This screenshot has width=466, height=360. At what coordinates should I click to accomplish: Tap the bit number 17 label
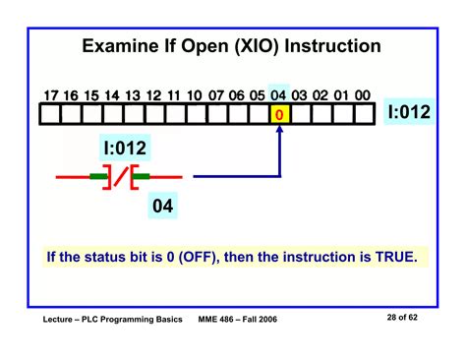(x=51, y=95)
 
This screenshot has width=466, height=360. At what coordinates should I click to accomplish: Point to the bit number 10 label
(x=195, y=95)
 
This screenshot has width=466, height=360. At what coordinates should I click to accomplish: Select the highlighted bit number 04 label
(x=279, y=95)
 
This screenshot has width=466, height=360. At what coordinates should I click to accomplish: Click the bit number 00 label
(x=362, y=95)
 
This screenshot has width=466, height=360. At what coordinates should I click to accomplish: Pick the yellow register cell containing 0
(x=280, y=115)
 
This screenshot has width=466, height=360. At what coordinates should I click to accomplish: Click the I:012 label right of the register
(x=408, y=113)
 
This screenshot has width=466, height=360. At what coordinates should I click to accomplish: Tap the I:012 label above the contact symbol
(x=126, y=150)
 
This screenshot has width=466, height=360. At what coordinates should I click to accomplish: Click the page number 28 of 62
(x=402, y=321)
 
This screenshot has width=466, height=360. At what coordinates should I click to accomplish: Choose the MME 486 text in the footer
(x=223, y=322)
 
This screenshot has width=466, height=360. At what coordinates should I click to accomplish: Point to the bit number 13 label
(x=133, y=95)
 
